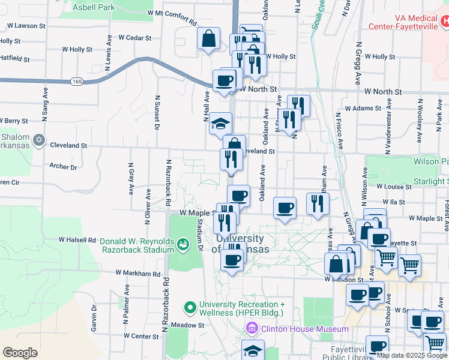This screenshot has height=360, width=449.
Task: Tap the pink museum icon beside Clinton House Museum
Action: click(x=252, y=329)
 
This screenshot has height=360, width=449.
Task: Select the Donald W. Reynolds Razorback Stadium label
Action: click(x=137, y=246)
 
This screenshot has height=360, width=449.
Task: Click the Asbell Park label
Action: click(x=94, y=8)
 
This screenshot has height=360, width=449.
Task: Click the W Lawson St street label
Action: click(x=26, y=26)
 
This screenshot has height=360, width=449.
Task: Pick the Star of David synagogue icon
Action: click(x=39, y=140)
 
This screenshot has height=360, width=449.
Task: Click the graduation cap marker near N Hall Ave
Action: click(x=220, y=124)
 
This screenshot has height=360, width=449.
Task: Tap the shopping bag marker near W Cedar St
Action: click(x=208, y=40)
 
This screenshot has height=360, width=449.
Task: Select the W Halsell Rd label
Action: click(x=77, y=239)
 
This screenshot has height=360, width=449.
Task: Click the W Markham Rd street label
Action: click(x=139, y=274)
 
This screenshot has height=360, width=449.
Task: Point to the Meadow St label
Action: click(x=187, y=325)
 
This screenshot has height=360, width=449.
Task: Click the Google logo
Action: click(x=20, y=353)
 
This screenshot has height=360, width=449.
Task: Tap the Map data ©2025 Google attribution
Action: click(x=412, y=355)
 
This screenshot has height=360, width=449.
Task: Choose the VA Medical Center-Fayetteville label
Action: click(x=406, y=22)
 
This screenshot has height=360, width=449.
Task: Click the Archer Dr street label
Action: click(x=63, y=167)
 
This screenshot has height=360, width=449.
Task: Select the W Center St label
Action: click(x=141, y=336)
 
